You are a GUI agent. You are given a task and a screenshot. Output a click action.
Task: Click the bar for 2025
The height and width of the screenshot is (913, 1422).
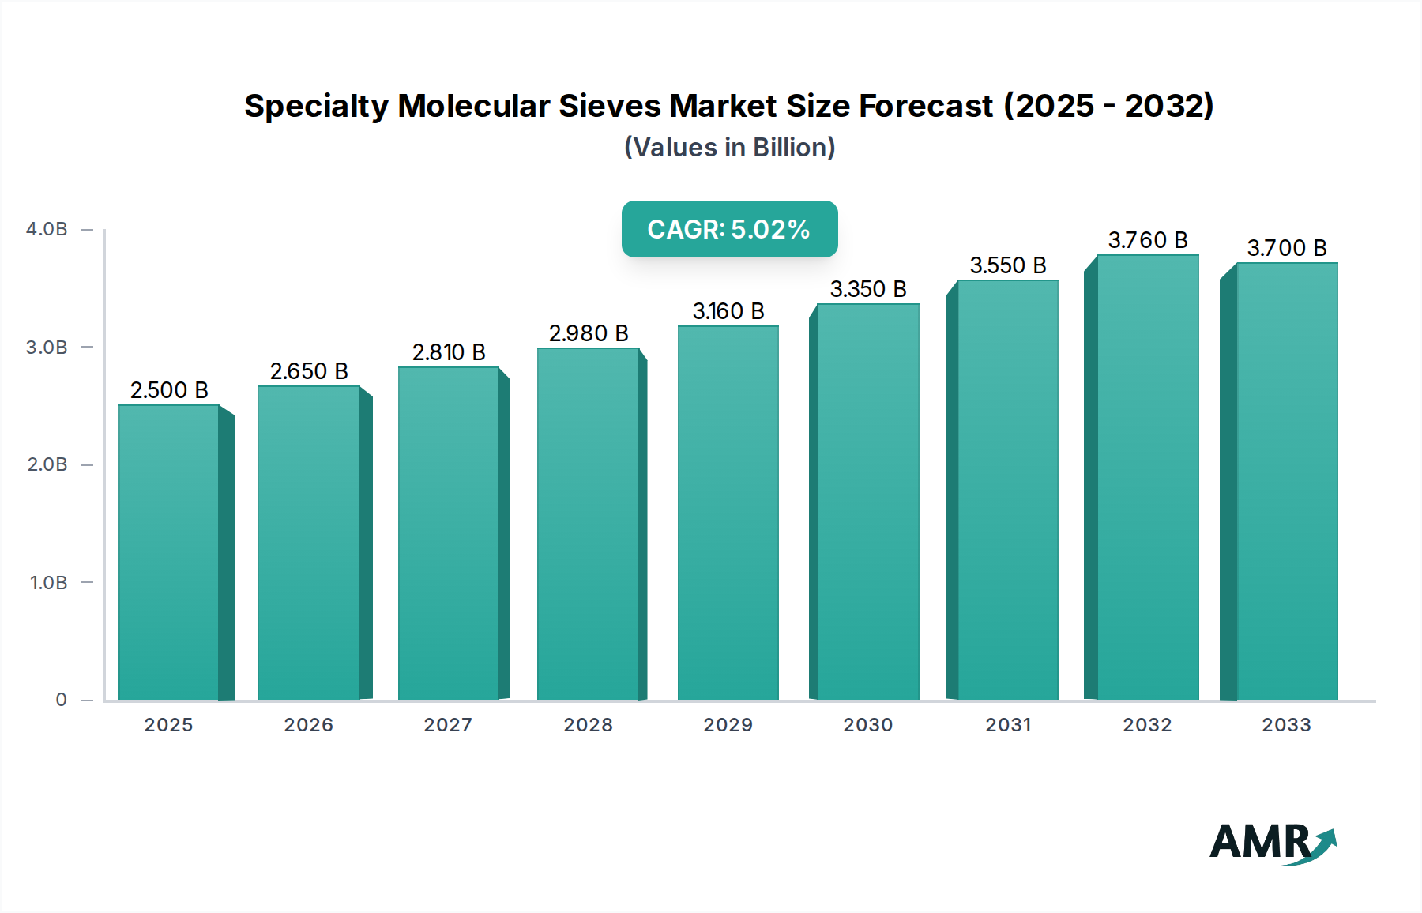169,553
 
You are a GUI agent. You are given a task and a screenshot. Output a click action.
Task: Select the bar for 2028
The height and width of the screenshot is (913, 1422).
589,525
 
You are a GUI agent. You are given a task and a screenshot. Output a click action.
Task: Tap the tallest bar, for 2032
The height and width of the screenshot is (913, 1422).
1148,478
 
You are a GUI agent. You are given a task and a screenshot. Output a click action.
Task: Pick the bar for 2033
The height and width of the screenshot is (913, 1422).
1287,482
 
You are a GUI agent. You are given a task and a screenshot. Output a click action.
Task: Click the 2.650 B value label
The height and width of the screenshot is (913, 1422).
309,371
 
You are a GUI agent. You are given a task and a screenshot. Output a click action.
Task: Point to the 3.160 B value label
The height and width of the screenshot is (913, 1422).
728,311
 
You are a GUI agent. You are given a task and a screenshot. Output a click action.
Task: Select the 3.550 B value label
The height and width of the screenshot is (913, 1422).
1008,265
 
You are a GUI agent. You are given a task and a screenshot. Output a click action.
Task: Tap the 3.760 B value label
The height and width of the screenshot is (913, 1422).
1148,240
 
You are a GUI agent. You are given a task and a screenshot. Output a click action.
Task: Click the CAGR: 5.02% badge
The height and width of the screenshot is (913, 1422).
729,229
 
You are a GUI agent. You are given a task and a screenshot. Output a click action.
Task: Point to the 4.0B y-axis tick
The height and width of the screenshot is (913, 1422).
47,229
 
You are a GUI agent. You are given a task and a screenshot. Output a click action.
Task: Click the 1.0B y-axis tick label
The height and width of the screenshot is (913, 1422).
48,583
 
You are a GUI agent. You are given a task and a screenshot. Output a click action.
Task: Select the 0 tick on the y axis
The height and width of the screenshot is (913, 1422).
61,700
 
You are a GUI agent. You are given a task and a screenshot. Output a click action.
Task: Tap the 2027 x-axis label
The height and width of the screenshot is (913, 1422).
448,725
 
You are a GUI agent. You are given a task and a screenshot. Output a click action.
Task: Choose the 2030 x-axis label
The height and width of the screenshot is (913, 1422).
867,725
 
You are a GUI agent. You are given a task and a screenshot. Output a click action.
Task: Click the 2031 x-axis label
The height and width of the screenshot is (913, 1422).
1008,725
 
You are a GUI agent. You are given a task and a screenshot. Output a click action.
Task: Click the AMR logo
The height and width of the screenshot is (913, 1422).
1272,843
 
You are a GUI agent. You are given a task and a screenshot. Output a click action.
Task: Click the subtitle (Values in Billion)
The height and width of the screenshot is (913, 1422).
729,148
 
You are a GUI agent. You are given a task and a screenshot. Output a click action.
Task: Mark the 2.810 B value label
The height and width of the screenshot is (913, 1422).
449,352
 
